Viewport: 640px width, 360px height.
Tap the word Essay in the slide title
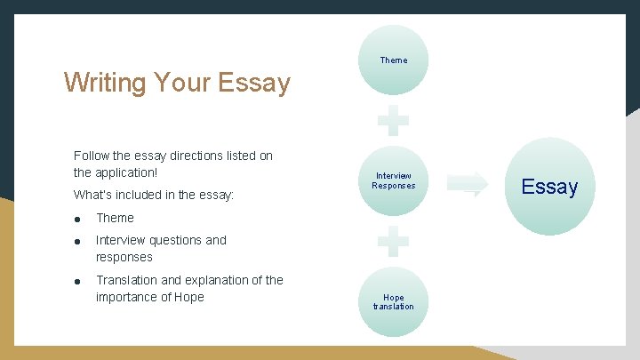pyautogui.click(x=259, y=84)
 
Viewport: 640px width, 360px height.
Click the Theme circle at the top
pyautogui.click(x=393, y=60)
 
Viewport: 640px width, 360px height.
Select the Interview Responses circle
pyautogui.click(x=393, y=180)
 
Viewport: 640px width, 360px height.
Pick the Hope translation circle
pyautogui.click(x=393, y=302)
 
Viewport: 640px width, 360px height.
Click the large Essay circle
pyautogui.click(x=549, y=187)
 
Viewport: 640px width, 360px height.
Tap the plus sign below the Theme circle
pyautogui.click(x=393, y=121)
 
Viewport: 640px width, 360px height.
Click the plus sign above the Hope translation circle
pyautogui.click(x=393, y=241)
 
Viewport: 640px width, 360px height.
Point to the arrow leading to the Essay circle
pyautogui.click(x=468, y=184)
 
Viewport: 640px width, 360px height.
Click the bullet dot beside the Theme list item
pyautogui.click(x=78, y=219)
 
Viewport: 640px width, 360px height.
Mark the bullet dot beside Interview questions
pyautogui.click(x=78, y=241)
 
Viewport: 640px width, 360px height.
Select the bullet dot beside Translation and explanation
pyautogui.click(x=78, y=281)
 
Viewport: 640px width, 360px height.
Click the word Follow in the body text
pyautogui.click(x=92, y=156)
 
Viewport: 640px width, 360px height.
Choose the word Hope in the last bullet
pyautogui.click(x=189, y=297)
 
